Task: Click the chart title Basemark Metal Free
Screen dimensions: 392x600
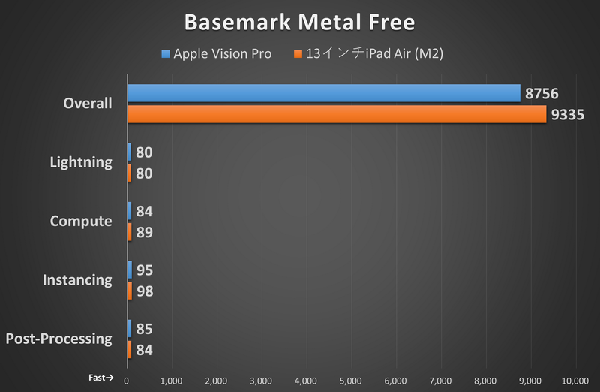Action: click(x=299, y=23)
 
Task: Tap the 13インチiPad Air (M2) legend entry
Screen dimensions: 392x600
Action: click(x=372, y=54)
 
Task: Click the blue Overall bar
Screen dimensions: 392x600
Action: click(x=323, y=93)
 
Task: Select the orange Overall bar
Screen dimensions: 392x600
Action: click(x=337, y=114)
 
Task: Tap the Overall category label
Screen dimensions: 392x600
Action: click(x=88, y=104)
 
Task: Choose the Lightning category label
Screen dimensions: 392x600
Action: click(x=81, y=162)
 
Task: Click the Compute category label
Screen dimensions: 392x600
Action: click(x=81, y=222)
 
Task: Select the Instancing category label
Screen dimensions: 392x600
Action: click(x=77, y=280)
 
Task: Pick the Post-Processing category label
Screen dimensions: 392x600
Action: click(x=58, y=339)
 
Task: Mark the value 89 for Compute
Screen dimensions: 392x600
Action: click(x=145, y=232)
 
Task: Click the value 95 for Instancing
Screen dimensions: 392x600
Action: click(x=145, y=270)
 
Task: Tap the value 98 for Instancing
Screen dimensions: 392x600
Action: click(x=145, y=291)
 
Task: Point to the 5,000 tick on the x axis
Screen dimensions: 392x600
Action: click(x=351, y=380)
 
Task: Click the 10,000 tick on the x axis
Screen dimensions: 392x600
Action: click(x=574, y=380)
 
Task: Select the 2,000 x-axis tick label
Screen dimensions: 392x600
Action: click(x=217, y=380)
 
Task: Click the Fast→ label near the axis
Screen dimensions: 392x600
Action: click(x=100, y=378)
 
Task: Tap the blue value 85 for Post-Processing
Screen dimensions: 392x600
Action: click(x=145, y=329)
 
